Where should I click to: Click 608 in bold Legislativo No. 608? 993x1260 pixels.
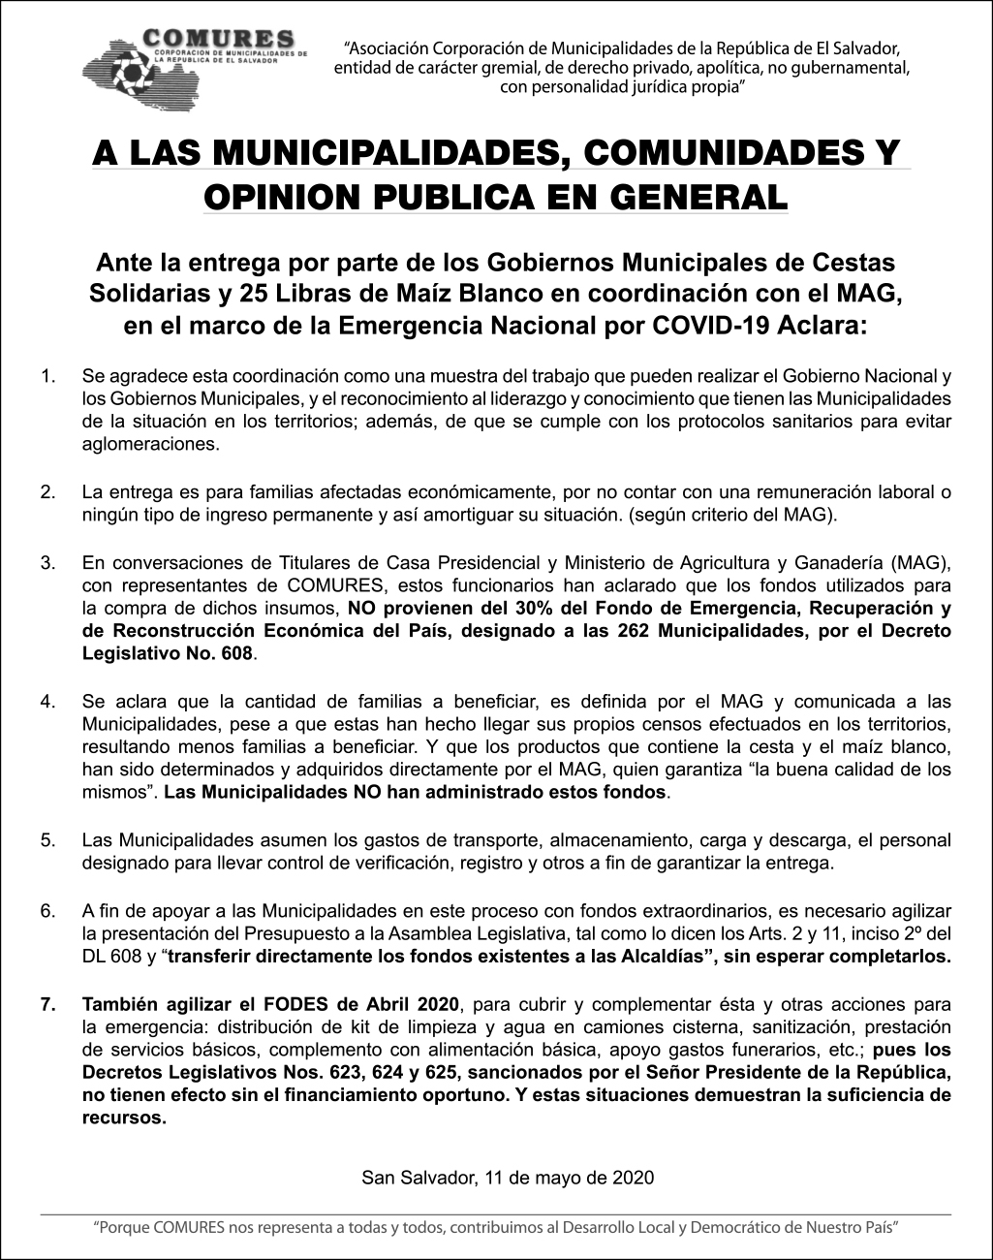(x=236, y=654)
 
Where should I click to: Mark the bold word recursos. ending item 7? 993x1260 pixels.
(x=125, y=1118)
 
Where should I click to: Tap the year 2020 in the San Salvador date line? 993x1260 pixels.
(x=634, y=1178)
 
